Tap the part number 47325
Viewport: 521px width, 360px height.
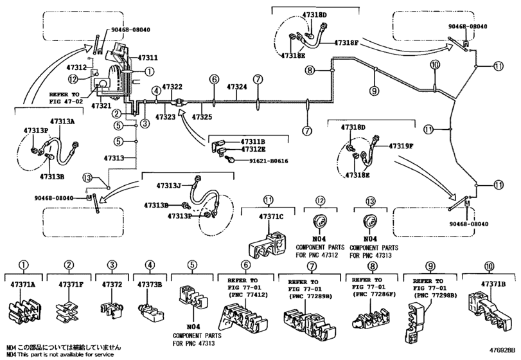(202, 117)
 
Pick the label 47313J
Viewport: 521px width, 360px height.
(170, 186)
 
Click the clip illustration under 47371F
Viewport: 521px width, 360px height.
(67, 308)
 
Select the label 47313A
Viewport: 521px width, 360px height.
(62, 121)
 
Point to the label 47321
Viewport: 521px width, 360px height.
(102, 105)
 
